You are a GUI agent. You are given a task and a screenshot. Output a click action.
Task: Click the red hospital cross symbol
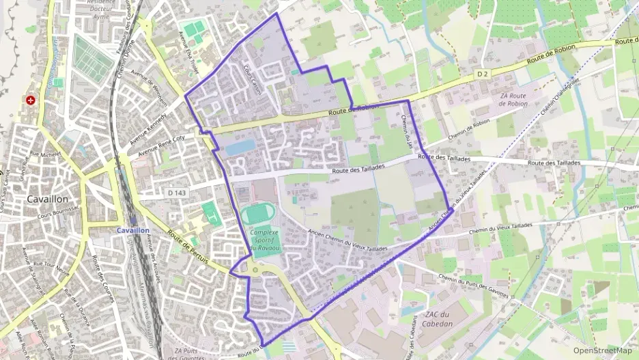pos(30,100)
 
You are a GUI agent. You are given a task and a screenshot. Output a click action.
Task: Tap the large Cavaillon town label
pos(47,198)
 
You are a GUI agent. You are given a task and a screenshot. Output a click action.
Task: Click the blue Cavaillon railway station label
pos(133,231)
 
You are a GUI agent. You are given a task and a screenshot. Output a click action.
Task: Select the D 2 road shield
pos(483,73)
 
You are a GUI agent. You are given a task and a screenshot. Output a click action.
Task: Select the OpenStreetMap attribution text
pos(602,350)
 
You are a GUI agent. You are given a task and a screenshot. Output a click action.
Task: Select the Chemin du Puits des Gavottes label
pos(475,283)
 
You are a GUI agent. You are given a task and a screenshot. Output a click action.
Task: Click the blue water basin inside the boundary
pos(238,148)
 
